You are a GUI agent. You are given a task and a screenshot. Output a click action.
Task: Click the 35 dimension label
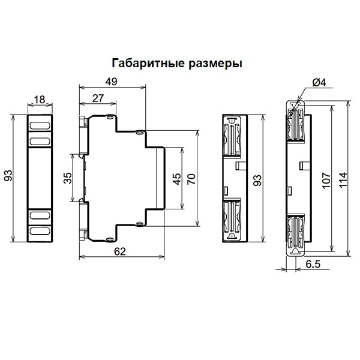[67, 178]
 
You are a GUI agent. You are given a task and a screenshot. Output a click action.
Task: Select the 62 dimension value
[121, 253]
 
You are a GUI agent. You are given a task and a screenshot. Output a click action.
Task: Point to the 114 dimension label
[342, 178]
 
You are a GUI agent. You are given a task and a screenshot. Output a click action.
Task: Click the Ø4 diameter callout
[319, 83]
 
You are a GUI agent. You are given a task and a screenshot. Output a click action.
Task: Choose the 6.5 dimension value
[314, 264]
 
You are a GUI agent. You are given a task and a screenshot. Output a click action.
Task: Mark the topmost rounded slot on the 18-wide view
[40, 126]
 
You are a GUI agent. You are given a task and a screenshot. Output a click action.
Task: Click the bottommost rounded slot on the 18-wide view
[40, 230]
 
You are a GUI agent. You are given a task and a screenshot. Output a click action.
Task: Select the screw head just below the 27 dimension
[110, 118]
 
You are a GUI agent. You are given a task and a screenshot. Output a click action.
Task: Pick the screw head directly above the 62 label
[110, 239]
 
